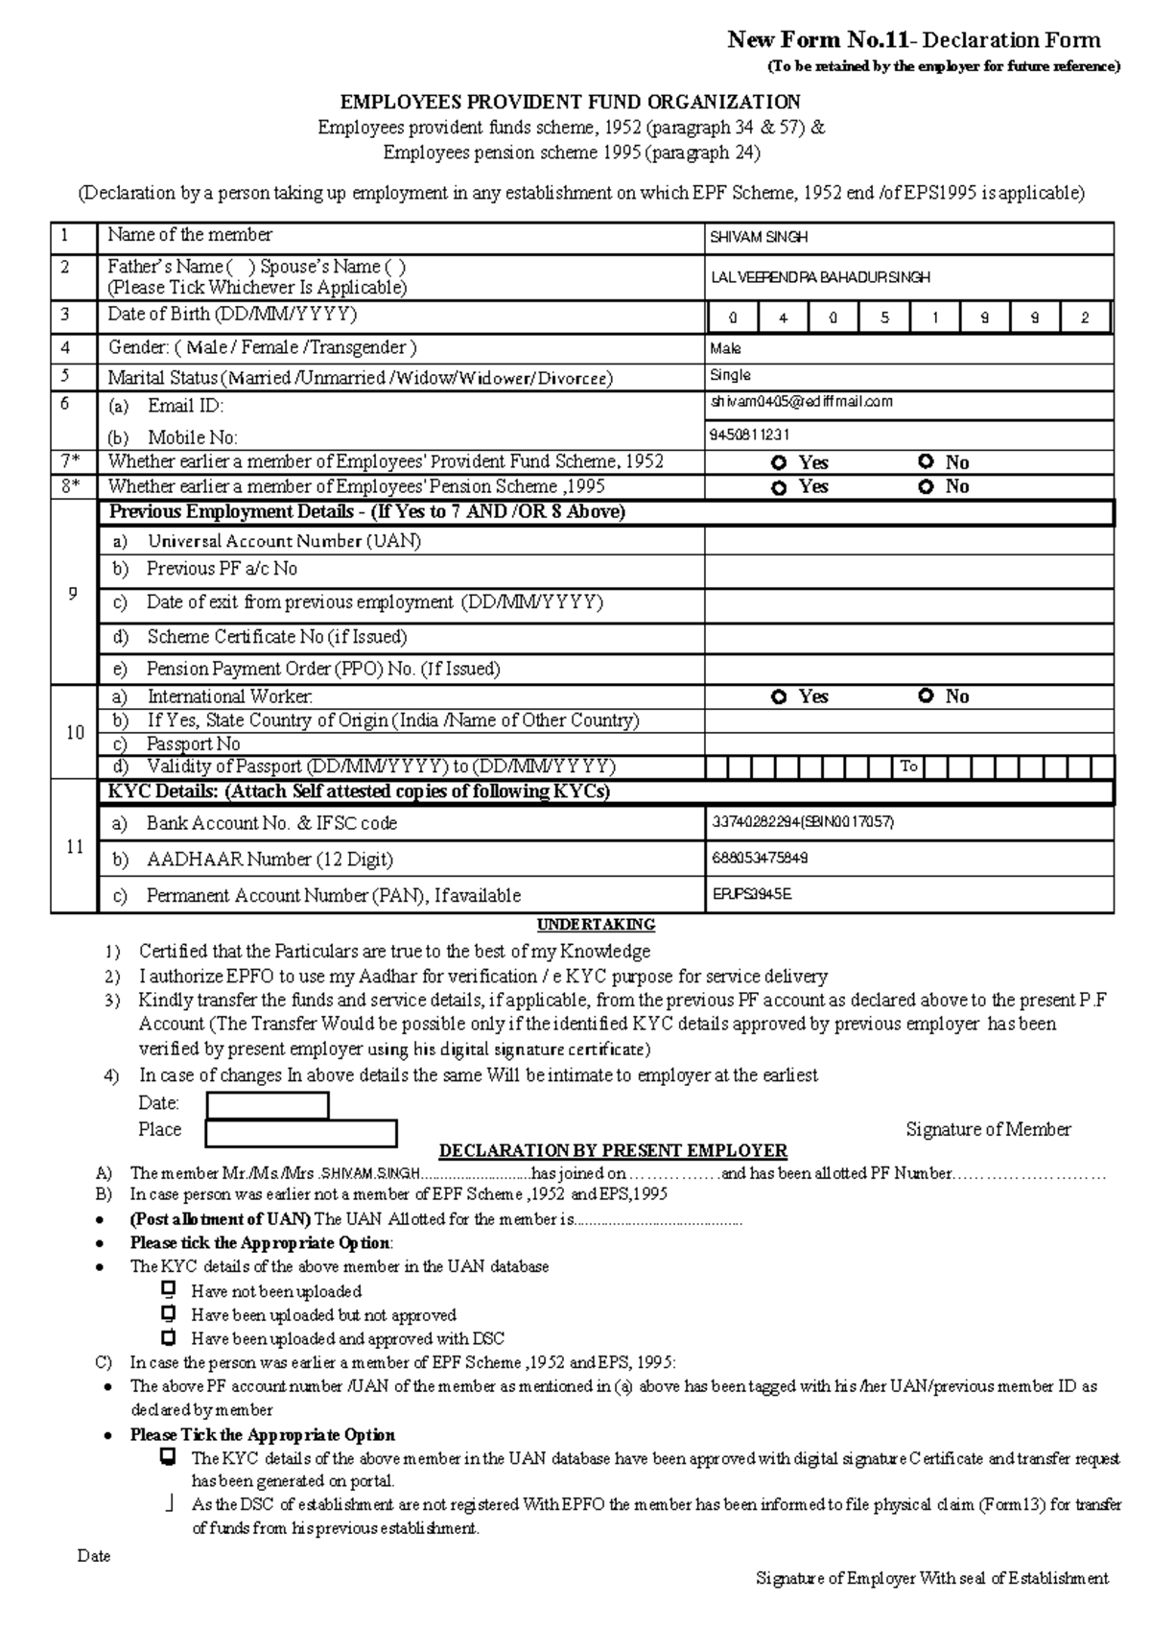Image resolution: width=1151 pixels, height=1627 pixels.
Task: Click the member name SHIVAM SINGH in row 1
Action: (758, 237)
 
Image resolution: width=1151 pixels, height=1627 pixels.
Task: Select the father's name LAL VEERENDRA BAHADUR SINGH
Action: (819, 277)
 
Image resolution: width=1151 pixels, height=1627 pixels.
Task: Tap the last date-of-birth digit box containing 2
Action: (1084, 318)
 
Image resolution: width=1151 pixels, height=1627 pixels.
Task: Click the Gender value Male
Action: (725, 349)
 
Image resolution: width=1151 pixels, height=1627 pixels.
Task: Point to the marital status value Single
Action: (730, 375)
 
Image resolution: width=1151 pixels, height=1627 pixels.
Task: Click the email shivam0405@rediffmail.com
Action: (801, 402)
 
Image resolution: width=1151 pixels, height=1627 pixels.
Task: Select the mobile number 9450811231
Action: (749, 435)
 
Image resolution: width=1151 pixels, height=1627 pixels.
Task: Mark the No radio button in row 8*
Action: (926, 486)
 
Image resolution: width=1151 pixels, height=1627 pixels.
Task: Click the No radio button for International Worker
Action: (926, 696)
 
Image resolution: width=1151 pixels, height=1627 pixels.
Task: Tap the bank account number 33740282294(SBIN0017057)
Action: (802, 822)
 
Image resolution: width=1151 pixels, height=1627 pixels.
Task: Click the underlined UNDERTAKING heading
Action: (596, 925)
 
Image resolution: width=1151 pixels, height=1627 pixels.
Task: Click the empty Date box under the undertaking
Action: (268, 1105)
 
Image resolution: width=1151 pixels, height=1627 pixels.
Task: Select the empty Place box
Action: (301, 1133)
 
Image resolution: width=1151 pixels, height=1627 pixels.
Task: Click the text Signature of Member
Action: (988, 1130)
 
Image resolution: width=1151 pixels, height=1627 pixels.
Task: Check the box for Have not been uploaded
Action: (169, 1290)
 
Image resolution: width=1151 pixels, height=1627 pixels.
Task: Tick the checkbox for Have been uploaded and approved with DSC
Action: (169, 1337)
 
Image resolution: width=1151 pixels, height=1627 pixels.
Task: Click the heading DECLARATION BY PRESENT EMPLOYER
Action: (612, 1150)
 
